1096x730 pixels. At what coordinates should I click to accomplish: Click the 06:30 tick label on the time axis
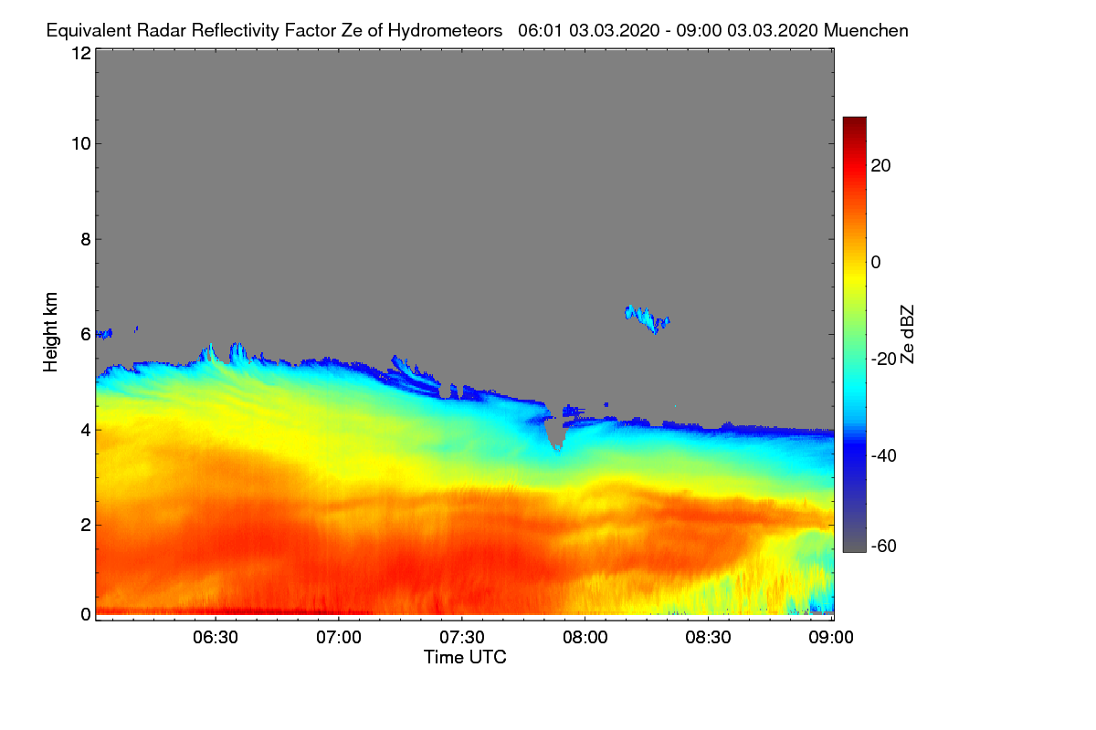click(216, 638)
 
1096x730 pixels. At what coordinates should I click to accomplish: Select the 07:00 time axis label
click(339, 638)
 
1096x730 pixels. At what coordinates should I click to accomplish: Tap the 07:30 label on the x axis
click(462, 638)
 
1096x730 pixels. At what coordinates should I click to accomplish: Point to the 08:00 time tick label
click(585, 638)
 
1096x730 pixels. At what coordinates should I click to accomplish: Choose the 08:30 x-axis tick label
click(708, 638)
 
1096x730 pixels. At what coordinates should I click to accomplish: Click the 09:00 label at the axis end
click(831, 638)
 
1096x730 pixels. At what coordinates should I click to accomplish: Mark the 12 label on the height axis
click(81, 53)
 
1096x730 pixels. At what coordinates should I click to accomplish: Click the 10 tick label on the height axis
click(81, 144)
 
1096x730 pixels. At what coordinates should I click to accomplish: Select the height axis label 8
click(86, 239)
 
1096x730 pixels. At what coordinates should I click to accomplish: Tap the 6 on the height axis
click(86, 335)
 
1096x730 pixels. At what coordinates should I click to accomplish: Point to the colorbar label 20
click(880, 166)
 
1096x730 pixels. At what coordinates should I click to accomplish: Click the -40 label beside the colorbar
click(884, 455)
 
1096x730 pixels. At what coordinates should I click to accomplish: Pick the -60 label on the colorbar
click(884, 547)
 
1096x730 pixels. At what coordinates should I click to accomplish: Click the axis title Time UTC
click(465, 657)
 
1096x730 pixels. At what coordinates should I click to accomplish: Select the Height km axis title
click(50, 332)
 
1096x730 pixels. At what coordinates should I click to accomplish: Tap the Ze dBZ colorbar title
click(907, 335)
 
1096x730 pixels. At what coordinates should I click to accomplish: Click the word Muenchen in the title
click(866, 31)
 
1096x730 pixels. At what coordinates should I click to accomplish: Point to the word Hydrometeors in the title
click(446, 31)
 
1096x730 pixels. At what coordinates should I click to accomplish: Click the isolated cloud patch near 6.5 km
click(647, 318)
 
